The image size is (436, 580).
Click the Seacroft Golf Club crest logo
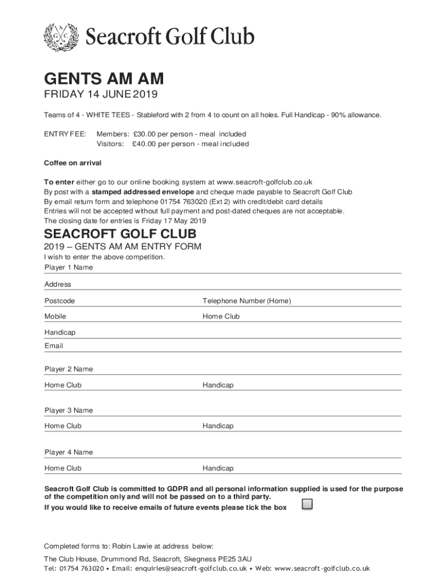point(62,36)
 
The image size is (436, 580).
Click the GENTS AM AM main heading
point(104,79)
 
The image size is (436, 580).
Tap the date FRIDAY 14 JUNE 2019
point(101,94)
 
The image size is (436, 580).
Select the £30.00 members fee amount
point(144,134)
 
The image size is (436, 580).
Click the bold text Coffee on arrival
point(72,163)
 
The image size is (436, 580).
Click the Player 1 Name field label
point(69,267)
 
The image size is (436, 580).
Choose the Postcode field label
point(59,301)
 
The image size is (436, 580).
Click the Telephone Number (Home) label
point(246,301)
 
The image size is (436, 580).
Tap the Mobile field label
point(55,317)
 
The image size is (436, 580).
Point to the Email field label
point(54,346)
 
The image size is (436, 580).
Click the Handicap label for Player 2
point(218,385)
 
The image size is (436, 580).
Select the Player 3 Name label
point(69,410)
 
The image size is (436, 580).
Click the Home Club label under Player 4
point(63,468)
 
